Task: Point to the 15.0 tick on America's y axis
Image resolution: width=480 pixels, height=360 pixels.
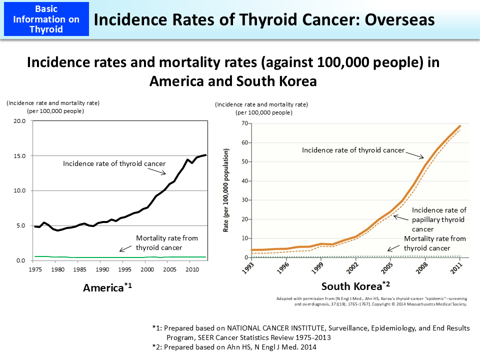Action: pos(19,156)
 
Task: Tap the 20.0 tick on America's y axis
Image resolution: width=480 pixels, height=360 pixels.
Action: pos(19,121)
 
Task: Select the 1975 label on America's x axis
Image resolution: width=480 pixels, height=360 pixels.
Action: pos(34,269)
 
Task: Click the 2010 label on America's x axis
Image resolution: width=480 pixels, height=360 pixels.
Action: pos(189,269)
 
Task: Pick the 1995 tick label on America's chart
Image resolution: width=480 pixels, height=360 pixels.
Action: pos(123,269)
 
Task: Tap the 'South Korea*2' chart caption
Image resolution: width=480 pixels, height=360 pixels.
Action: pos(355,286)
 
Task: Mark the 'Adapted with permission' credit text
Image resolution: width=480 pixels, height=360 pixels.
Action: pos(371,301)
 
